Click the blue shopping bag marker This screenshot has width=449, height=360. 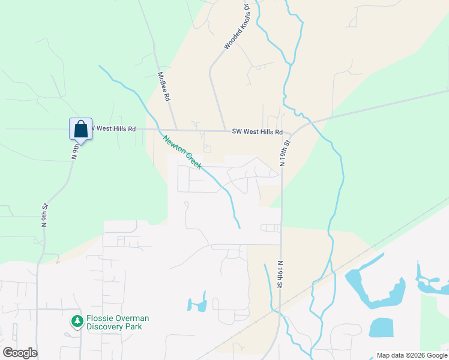tap(81, 129)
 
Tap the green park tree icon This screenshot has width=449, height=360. tap(77, 322)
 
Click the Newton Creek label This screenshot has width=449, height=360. tap(181, 152)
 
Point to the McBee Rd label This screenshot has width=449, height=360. tap(163, 87)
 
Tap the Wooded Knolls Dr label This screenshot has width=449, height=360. tap(237, 27)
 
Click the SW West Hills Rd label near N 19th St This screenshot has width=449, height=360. tap(257, 131)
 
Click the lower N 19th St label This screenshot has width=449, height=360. tap(280, 274)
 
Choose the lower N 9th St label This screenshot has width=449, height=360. tap(44, 215)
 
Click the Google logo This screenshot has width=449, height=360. tap(20, 353)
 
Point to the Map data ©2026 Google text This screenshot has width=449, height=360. tap(412, 355)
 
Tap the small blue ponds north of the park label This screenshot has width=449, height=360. tap(197, 304)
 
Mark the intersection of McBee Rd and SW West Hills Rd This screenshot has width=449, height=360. tap(172, 129)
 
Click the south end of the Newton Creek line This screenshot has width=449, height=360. tap(240, 228)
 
